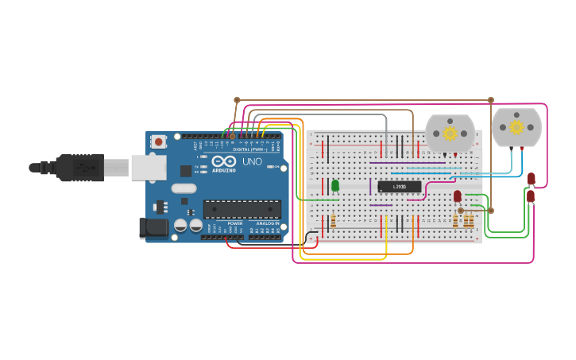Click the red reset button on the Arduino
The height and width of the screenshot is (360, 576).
pos(159,142)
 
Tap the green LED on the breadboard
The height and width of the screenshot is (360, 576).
pos(335,185)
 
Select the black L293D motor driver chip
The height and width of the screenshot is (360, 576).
pos(399,187)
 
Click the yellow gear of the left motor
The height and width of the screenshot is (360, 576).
pos(450,133)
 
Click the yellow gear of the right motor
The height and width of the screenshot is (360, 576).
pos(516,127)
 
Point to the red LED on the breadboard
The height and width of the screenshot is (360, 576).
pos(458,195)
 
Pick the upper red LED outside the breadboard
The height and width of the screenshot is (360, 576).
pos(532,178)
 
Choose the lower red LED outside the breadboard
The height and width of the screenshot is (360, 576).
pos(531,195)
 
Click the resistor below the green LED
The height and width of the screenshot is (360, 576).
pos(333,221)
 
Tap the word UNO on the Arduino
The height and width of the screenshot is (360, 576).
pos(252,162)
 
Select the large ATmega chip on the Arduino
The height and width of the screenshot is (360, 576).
pos(242,209)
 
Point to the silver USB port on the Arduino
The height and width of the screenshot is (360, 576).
pos(149,167)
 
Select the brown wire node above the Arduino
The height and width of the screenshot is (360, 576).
pos(237,100)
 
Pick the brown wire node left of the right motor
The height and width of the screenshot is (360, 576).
pos(491,100)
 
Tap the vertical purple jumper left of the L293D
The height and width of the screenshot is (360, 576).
pos(370,187)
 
